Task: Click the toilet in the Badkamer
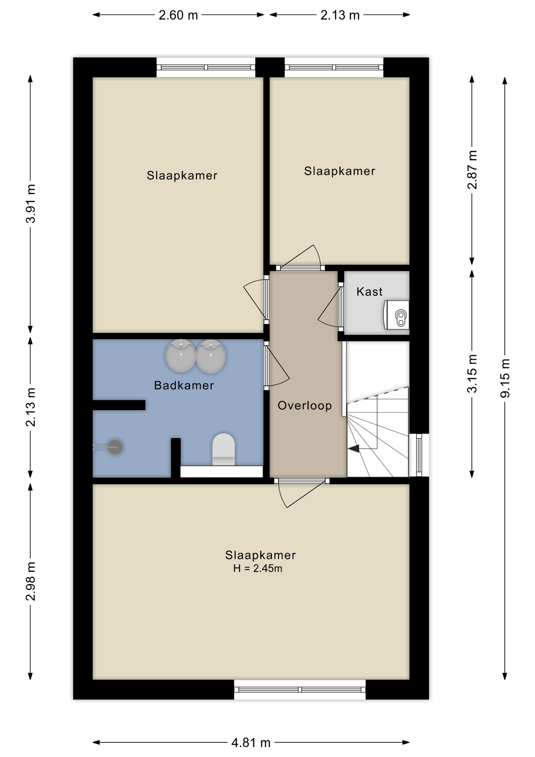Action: click(x=223, y=449)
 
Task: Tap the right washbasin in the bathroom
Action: click(x=211, y=356)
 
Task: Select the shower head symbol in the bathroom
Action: click(x=115, y=447)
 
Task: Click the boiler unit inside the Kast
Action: click(x=397, y=315)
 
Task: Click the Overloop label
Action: click(x=305, y=405)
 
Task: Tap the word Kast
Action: click(x=369, y=292)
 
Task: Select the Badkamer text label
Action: click(x=184, y=385)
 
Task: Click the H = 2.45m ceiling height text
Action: click(x=258, y=568)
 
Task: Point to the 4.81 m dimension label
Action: click(x=251, y=743)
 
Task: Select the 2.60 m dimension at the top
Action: click(x=178, y=15)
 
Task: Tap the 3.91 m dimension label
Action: click(x=31, y=203)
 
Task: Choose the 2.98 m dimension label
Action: click(x=31, y=581)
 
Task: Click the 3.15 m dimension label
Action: click(x=472, y=373)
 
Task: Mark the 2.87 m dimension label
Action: click(x=472, y=170)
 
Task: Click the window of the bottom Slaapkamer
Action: click(x=300, y=690)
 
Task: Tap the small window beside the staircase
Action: click(x=419, y=455)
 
